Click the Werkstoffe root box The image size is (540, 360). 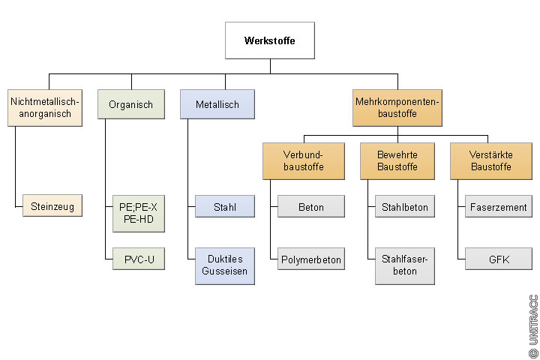pos(269,40)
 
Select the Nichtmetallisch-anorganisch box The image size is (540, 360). pos(45,107)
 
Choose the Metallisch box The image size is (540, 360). pos(217,105)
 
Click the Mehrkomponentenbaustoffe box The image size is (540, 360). pos(397,107)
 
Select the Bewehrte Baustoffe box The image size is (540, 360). pos(397,160)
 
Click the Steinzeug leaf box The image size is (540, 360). pos(52,206)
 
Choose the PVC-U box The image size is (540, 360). pos(138,260)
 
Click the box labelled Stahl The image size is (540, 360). pos(224,206)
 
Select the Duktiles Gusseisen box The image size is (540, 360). pos(224,265)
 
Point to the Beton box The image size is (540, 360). pos(310,206)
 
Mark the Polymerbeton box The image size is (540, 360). pos(310,260)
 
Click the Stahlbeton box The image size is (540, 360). pos(405,206)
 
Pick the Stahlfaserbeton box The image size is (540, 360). pos(405,265)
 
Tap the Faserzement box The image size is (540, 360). pos(498,206)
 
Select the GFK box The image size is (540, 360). pos(498,260)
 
